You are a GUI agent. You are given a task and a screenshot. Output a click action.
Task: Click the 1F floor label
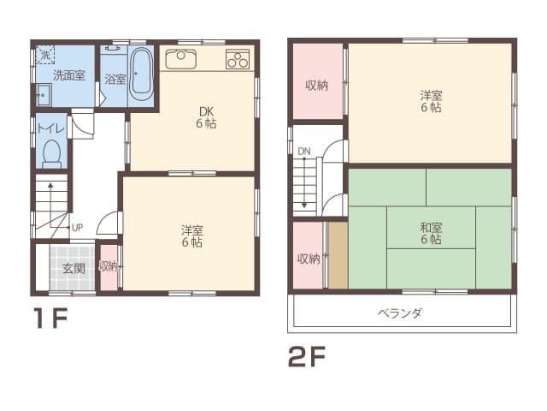50,319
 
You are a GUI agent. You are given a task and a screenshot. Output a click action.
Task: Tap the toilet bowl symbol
51,154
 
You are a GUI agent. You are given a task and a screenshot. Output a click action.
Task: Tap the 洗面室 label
68,75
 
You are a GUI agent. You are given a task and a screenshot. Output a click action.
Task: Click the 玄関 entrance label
74,268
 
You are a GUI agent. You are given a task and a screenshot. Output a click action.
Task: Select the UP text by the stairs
77,227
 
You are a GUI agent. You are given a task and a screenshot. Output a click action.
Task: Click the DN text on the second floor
303,152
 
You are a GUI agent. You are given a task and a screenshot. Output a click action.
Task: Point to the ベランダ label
401,313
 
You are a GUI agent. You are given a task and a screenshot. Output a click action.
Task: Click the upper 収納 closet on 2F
317,85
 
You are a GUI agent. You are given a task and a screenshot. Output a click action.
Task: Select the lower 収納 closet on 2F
308,258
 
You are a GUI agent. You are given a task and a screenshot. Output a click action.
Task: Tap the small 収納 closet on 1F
109,266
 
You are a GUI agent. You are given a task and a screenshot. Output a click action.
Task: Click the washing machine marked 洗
44,56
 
